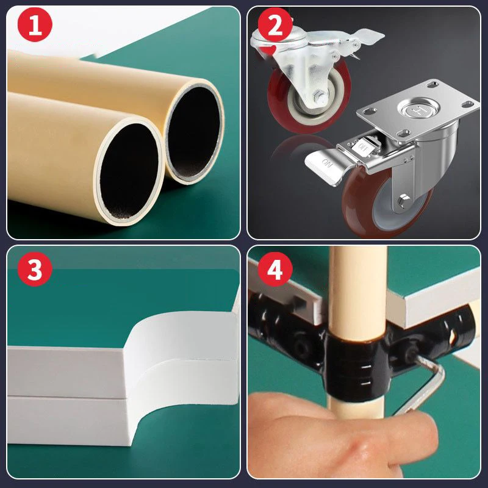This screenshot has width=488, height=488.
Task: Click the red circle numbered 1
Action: pos(35,24)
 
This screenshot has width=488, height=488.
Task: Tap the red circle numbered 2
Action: pos(275,24)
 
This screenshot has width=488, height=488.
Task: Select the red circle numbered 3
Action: pos(35,269)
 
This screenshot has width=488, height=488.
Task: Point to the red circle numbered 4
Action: pos(275,269)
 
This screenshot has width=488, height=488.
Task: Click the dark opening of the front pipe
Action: pos(129,171)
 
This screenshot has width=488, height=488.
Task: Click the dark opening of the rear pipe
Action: pos(193,132)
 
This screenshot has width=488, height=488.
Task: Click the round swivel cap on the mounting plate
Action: pos(418,109)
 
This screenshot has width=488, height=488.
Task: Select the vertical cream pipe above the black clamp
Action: pos(358,289)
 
